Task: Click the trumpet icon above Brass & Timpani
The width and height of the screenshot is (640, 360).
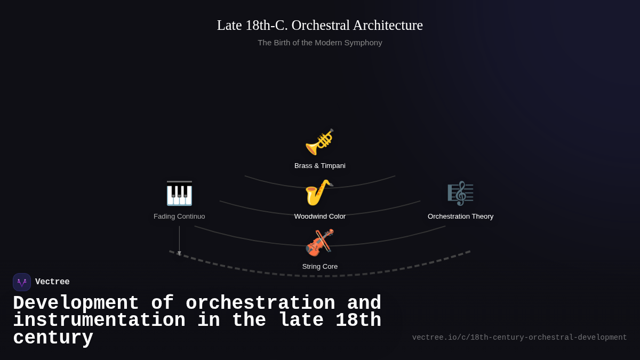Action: tap(319, 142)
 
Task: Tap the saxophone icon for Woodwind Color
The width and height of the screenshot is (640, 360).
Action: tap(319, 193)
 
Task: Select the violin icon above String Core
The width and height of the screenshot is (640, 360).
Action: tap(319, 243)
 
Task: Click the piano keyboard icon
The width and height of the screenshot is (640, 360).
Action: tap(179, 193)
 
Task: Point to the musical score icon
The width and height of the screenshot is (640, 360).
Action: tap(460, 193)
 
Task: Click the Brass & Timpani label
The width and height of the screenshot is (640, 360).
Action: tap(320, 166)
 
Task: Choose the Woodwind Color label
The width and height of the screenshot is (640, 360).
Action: tap(320, 217)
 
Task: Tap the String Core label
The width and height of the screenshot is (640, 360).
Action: tap(320, 267)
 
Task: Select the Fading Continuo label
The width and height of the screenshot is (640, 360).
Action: tap(179, 217)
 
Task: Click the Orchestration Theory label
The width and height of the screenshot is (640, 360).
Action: tap(460, 217)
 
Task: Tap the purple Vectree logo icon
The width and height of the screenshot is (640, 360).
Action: tap(22, 282)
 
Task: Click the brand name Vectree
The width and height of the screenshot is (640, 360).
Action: tap(52, 282)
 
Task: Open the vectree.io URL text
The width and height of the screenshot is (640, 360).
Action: tap(519, 338)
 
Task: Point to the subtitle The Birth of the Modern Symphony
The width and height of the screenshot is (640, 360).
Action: tap(320, 43)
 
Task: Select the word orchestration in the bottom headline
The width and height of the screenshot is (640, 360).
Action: tap(260, 303)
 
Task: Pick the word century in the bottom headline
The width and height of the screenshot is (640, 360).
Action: tap(53, 338)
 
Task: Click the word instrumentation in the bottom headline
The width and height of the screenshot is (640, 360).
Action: tap(99, 321)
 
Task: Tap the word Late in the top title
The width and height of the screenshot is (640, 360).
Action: tap(229, 25)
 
